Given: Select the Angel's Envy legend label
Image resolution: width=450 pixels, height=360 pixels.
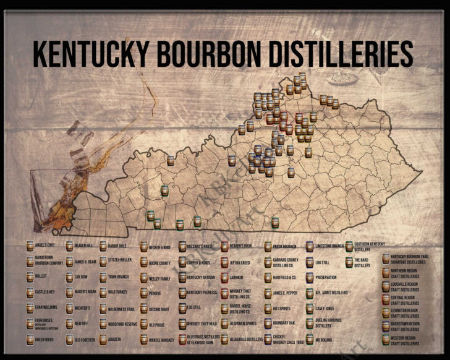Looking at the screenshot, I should pyautogui.click(x=45, y=246).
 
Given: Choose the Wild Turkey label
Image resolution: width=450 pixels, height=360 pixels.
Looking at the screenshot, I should pyautogui.click(x=119, y=291).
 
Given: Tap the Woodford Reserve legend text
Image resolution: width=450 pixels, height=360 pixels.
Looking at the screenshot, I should pyautogui.click(x=122, y=324).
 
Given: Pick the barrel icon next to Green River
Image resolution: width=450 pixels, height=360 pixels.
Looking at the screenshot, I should pyautogui.click(x=29, y=339).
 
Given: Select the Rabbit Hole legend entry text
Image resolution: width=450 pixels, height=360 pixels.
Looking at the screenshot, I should pyautogui.click(x=118, y=246).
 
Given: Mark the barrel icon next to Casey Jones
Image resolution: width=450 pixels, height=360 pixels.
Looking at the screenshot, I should pyautogui.click(x=309, y=308).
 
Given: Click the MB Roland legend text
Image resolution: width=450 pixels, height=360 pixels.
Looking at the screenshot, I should pyautogui.click(x=324, y=340).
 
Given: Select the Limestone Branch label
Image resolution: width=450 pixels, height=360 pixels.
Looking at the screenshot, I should pyautogui.click(x=329, y=246).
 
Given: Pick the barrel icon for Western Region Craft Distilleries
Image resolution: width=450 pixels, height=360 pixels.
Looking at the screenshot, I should pyautogui.click(x=386, y=340).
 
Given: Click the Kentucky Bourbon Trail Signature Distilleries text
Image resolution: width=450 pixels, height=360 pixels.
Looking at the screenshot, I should pyautogui.click(x=410, y=259).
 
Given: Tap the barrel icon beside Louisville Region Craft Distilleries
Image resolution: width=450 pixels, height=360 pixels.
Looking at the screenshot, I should pyautogui.click(x=386, y=286).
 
